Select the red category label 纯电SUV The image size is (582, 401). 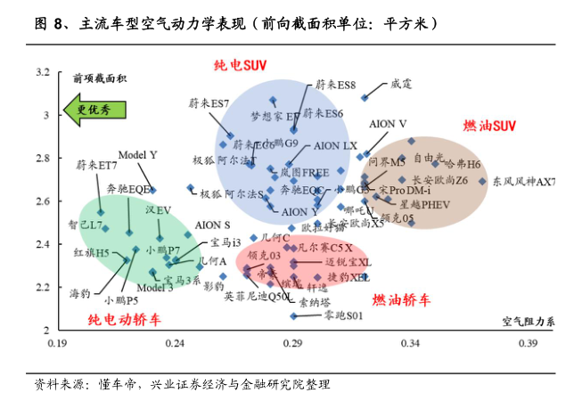[x=241, y=66]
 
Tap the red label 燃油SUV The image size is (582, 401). [x=489, y=127]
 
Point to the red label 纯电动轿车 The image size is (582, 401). [x=124, y=318]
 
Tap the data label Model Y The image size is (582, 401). [x=137, y=155]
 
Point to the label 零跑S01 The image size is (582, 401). [x=343, y=315]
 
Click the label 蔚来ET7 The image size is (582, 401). [x=96, y=165]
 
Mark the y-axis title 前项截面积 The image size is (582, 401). [x=100, y=78]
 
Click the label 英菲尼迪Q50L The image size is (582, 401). [x=257, y=295]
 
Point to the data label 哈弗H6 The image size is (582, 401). [x=462, y=164]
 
